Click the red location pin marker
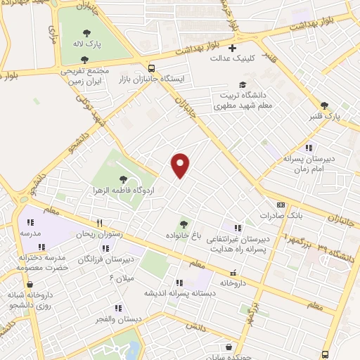click(x=181, y=165)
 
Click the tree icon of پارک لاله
click(x=86, y=32)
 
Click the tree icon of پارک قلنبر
click(x=324, y=105)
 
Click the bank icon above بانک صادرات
click(x=281, y=206)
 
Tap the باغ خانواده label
click(x=184, y=233)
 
